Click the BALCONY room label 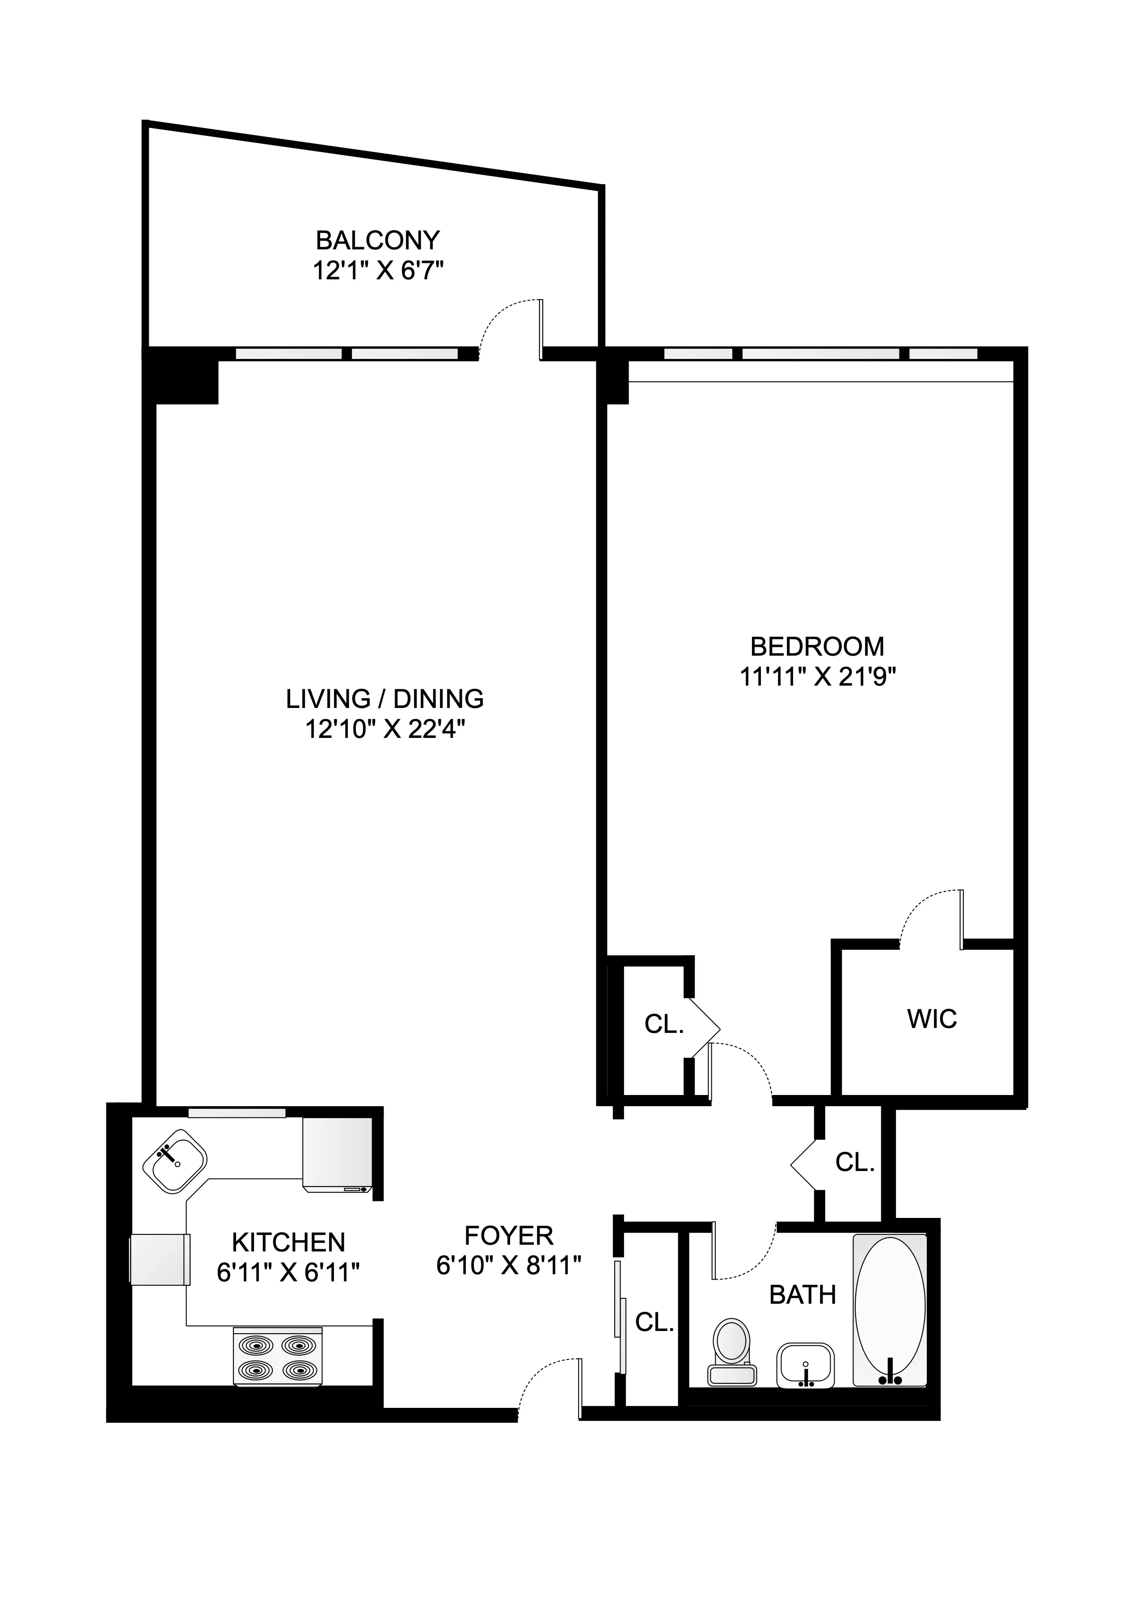(378, 241)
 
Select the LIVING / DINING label (384, 699)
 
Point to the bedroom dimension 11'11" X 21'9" (818, 676)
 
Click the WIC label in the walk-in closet (932, 1019)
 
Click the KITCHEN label (288, 1242)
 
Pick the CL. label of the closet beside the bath (654, 1322)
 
